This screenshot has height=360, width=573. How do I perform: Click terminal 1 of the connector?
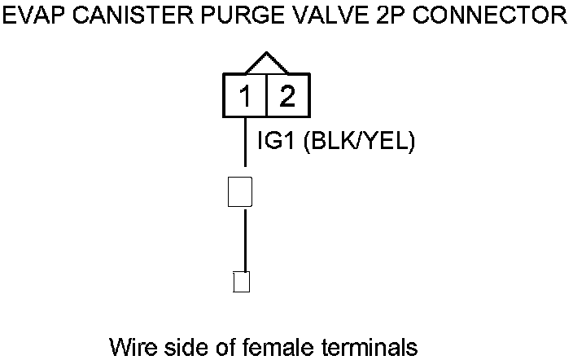(245, 97)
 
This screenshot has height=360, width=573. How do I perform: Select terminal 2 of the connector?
(286, 97)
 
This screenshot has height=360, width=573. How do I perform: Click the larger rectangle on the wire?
(240, 191)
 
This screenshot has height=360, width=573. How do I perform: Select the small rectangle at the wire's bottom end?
(241, 282)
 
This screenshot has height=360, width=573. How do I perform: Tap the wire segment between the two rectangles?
(245, 239)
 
